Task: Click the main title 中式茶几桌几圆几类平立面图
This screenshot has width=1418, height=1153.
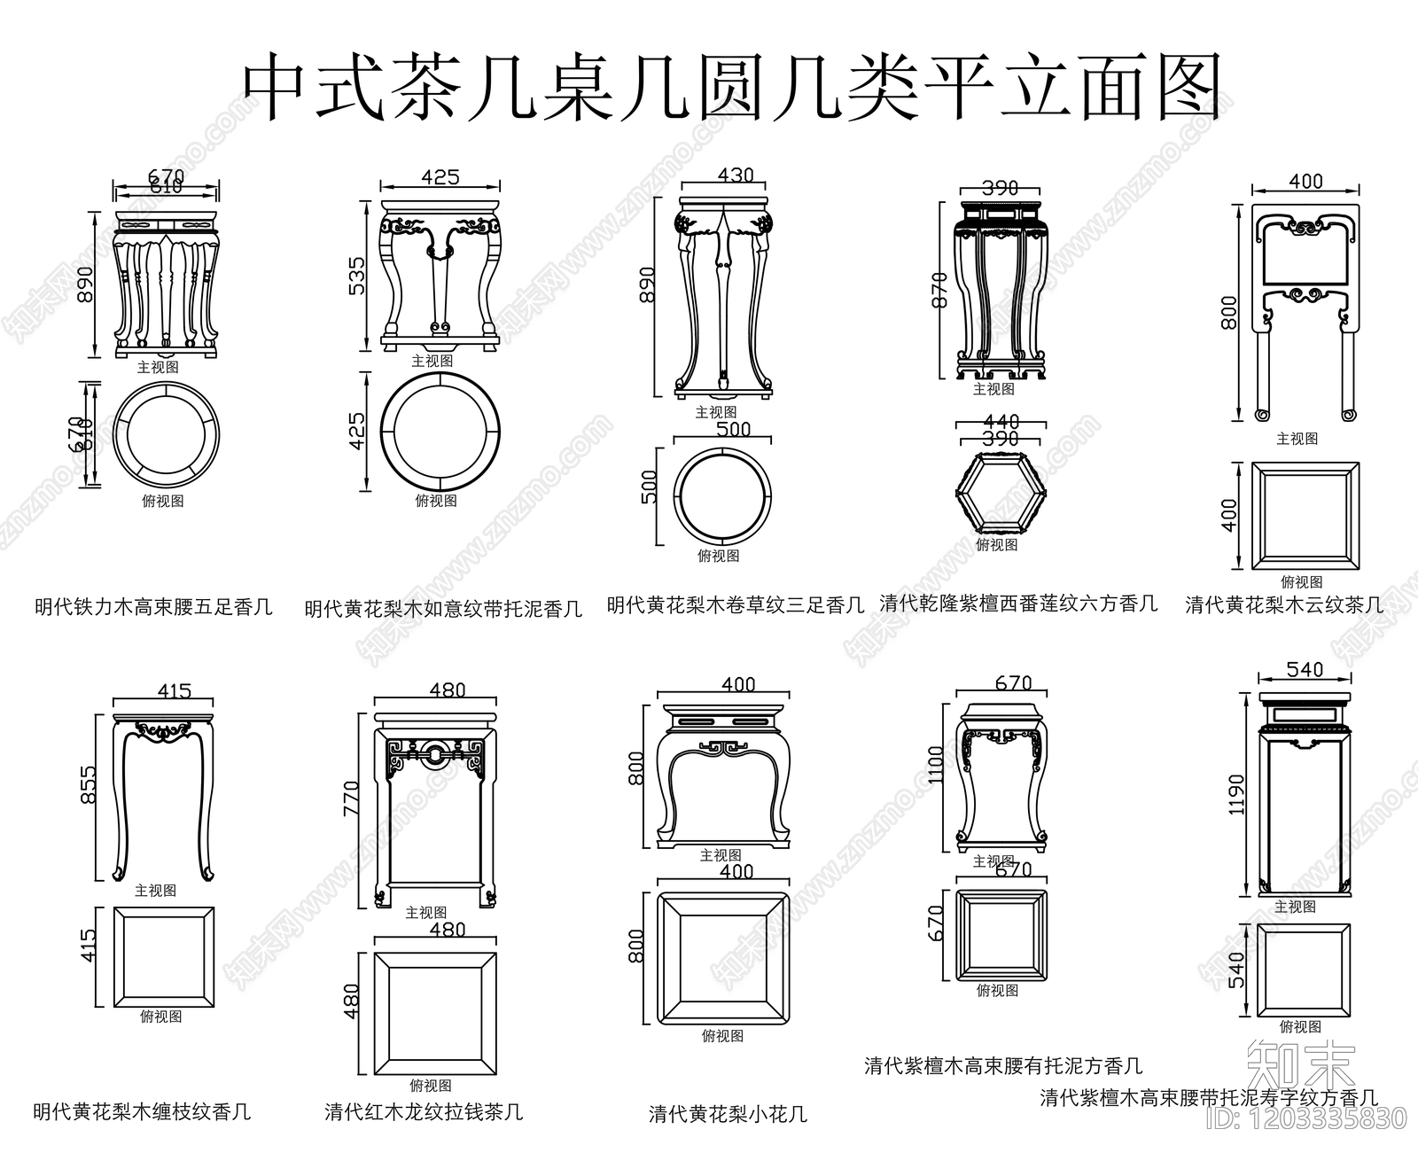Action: point(732,86)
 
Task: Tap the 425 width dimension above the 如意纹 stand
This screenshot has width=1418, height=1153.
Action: point(440,177)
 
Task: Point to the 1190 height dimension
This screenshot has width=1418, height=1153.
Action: point(1237,794)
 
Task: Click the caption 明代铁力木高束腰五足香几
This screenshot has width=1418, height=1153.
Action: point(153,607)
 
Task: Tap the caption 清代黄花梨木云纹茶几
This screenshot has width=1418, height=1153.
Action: point(1283,604)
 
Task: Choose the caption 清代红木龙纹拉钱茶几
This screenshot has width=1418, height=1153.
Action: point(423,1110)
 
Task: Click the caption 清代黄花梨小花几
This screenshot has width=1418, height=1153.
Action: point(728,1113)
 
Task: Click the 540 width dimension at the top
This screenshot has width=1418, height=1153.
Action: point(1305,670)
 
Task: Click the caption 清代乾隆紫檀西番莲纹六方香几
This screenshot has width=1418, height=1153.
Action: point(1017,604)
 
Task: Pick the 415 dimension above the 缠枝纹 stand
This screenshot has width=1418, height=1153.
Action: point(174,690)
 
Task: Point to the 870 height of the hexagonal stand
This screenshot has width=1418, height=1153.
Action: point(940,289)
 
